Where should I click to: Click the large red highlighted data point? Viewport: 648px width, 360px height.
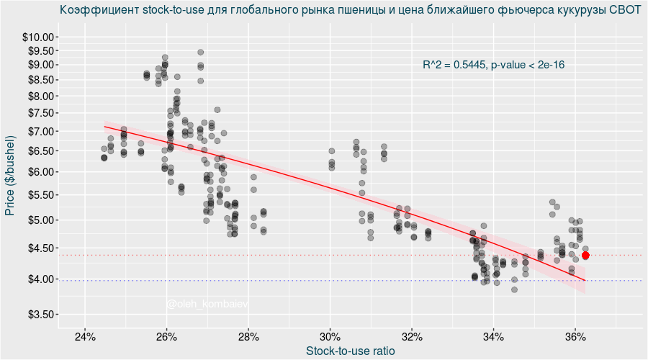pos(585,256)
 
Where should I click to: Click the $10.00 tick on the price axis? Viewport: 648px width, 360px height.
pos(40,37)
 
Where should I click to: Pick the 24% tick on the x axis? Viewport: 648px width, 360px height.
pos(85,337)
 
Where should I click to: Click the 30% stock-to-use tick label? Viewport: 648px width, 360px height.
pos(330,337)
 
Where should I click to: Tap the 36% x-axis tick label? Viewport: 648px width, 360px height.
pos(575,337)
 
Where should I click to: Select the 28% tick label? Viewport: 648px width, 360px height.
pos(248,337)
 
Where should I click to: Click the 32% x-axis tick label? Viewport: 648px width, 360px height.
pos(411,337)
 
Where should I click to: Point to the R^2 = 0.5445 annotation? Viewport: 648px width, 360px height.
pos(493,65)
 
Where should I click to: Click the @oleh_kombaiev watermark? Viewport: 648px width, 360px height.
pos(207,305)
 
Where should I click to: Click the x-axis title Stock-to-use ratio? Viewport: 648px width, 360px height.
pos(350,351)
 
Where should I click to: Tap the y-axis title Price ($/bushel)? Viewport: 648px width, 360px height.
pos(10,176)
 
